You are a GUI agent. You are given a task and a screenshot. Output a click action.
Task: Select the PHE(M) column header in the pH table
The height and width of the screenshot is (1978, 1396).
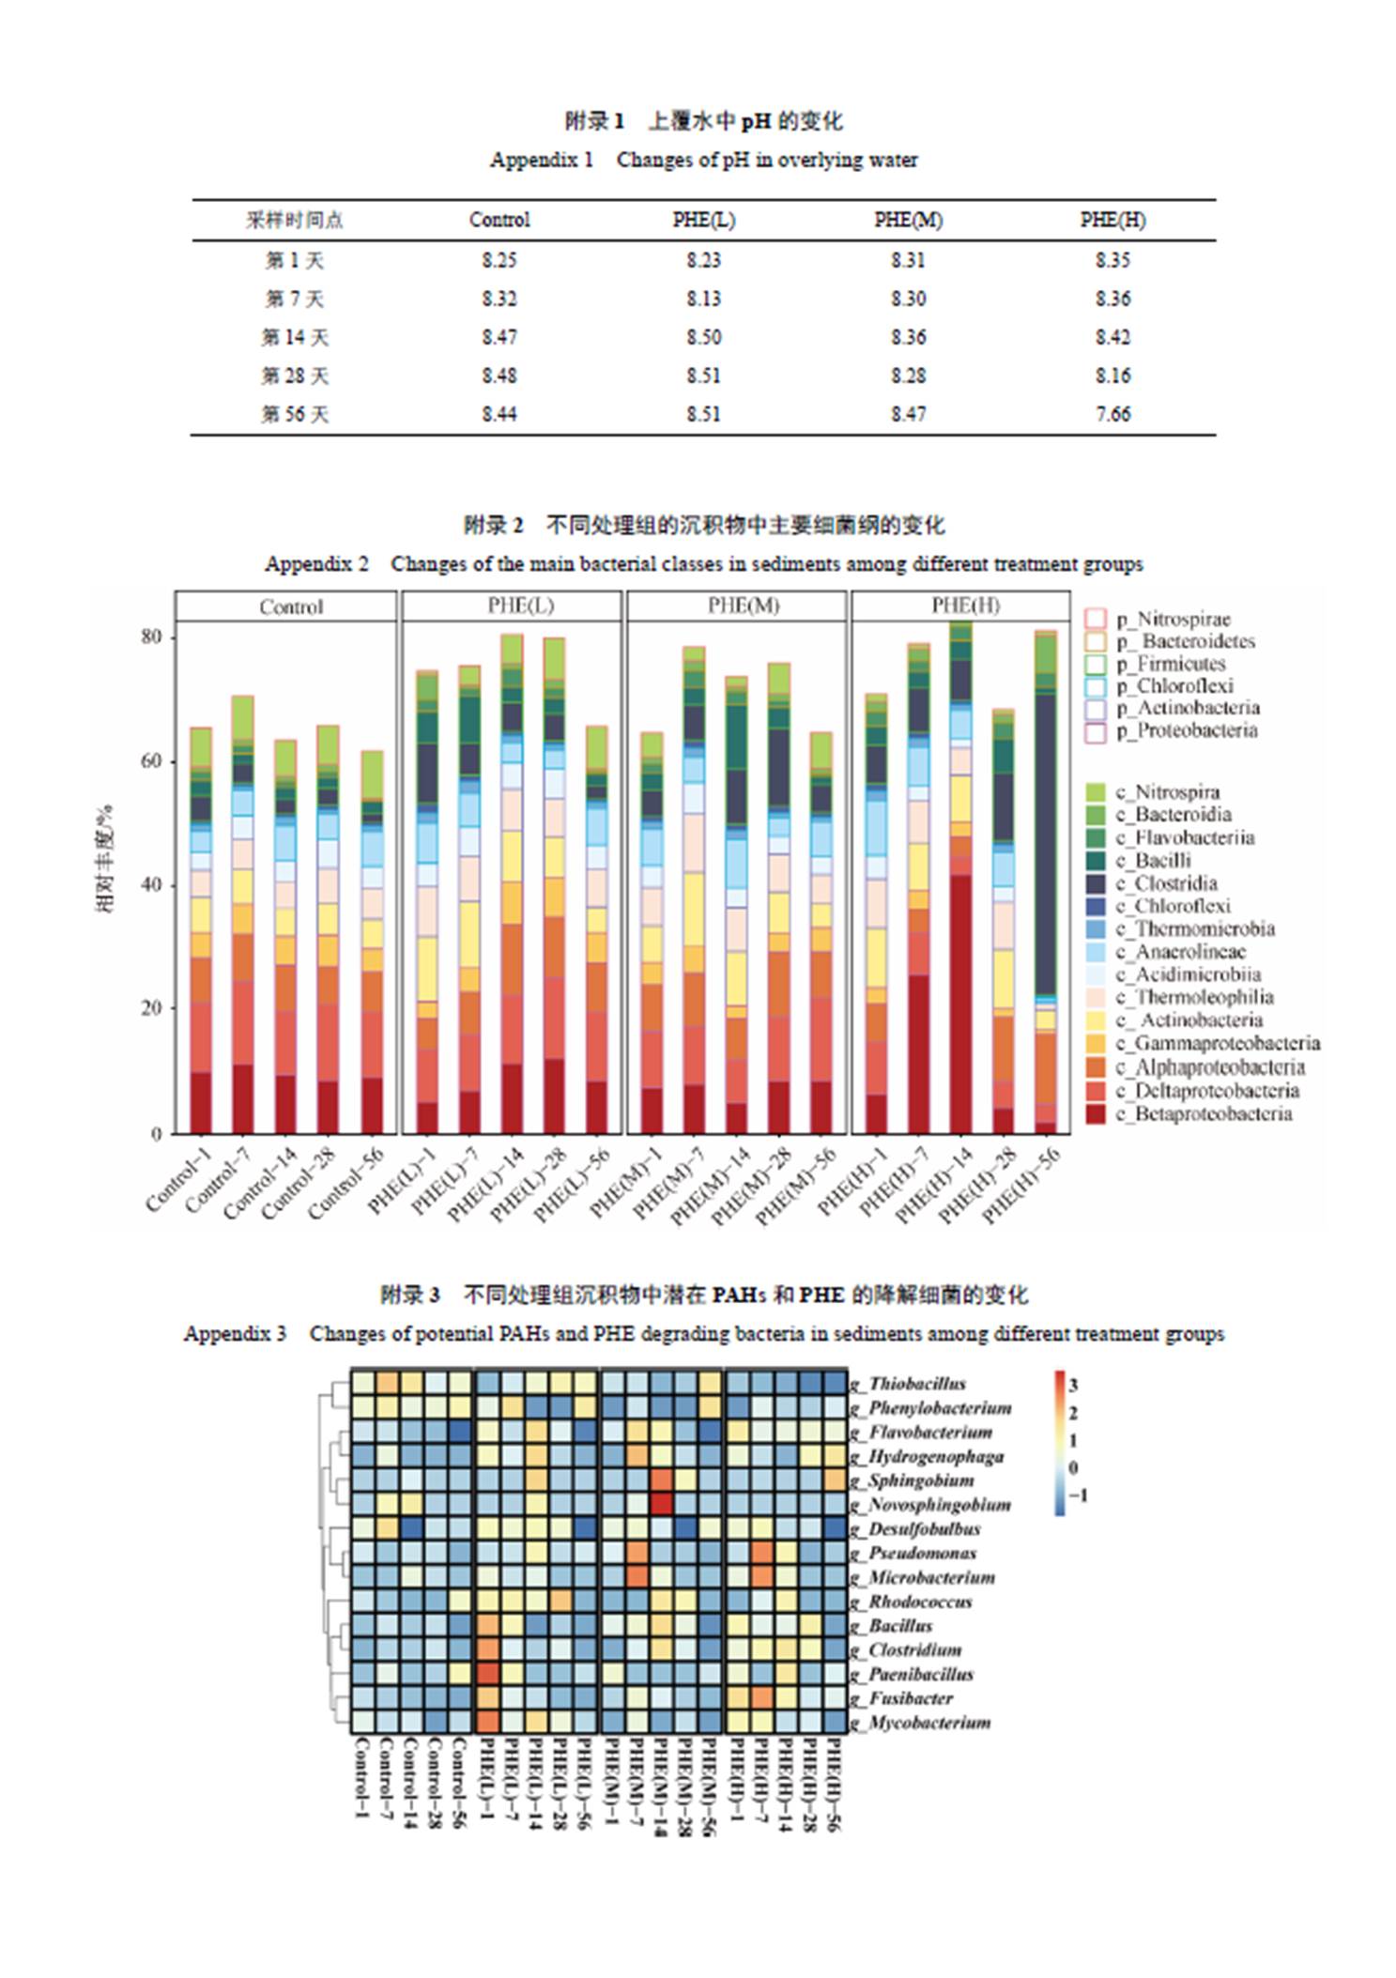[x=908, y=220]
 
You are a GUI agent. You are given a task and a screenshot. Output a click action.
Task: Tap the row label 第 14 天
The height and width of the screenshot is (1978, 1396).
[x=295, y=337]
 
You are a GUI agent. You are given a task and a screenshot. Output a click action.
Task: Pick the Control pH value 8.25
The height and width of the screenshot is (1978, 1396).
[x=499, y=260]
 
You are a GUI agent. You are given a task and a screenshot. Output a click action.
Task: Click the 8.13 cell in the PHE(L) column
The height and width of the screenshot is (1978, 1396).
[x=703, y=299]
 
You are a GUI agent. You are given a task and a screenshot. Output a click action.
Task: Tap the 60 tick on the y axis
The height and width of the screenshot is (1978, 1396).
[x=151, y=761]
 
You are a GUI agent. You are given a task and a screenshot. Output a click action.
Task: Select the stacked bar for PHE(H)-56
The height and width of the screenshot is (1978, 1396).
[x=1046, y=882]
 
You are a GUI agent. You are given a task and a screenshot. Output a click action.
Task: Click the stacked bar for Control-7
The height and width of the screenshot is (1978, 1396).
[x=243, y=914]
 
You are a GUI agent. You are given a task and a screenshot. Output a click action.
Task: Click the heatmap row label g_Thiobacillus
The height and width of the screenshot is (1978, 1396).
[x=907, y=1384]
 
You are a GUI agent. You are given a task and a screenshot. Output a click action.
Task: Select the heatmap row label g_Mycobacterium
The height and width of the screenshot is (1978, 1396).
[x=919, y=1723]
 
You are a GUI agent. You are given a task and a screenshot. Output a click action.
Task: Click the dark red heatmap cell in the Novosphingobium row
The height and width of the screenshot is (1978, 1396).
[x=662, y=1504]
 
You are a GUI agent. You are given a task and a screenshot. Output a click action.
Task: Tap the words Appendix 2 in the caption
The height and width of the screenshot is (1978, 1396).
[x=316, y=564]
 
